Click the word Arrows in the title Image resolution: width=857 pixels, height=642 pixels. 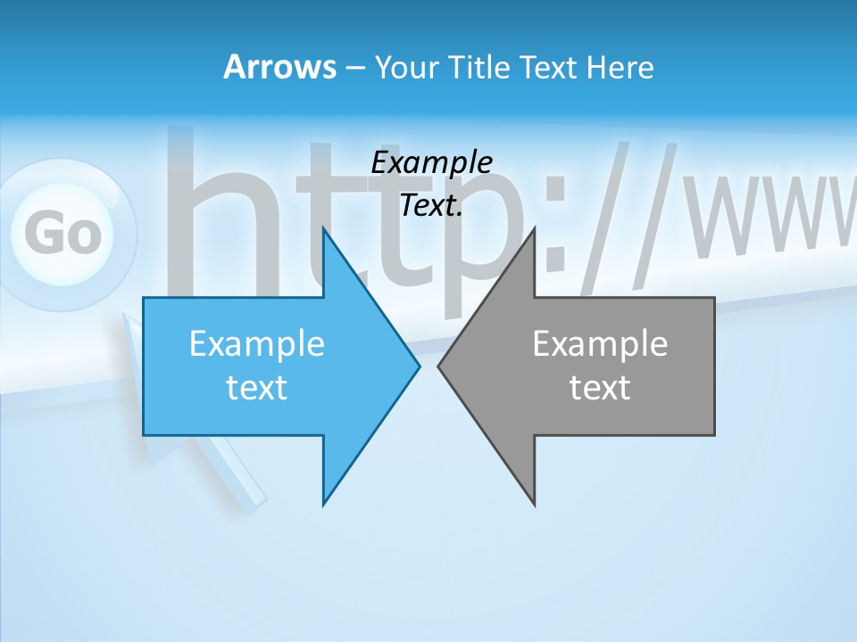point(279,67)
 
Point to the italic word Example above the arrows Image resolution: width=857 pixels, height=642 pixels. point(431,163)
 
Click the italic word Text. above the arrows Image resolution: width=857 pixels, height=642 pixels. point(431,206)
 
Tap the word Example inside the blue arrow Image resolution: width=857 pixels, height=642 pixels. point(257,343)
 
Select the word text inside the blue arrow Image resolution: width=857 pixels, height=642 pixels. point(257,387)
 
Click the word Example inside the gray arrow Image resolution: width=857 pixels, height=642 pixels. point(600,343)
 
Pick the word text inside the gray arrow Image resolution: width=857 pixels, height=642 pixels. point(600,387)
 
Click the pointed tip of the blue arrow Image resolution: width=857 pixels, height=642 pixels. point(418,366)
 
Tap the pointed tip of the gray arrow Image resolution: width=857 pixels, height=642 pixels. point(439,366)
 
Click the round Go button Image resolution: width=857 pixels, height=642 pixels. point(62,234)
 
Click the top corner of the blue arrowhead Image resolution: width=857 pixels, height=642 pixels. point(324,229)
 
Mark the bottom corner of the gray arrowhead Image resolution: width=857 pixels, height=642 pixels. point(534,504)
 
